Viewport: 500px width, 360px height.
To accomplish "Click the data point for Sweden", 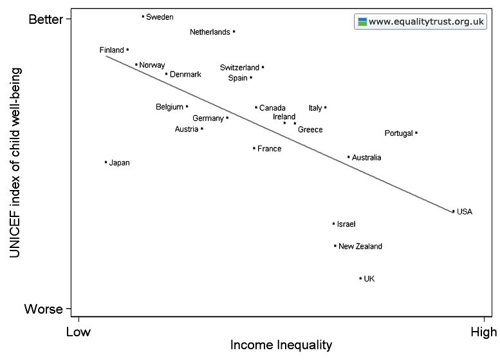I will [x=143, y=17].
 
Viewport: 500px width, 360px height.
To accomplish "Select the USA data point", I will [x=453, y=211].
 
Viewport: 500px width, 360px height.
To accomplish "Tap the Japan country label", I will [x=120, y=163].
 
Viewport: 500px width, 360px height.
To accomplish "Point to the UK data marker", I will [x=360, y=278].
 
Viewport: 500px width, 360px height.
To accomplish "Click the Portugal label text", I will [x=398, y=133].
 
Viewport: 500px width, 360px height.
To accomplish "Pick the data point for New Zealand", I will [x=335, y=245].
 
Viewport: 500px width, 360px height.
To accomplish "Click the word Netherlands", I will [x=210, y=32].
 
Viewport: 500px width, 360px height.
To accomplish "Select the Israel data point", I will [x=333, y=223].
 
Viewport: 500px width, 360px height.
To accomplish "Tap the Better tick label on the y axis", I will [x=46, y=19].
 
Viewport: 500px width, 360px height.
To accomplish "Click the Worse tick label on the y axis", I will [x=44, y=309].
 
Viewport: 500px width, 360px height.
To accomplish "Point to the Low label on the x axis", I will [x=77, y=332].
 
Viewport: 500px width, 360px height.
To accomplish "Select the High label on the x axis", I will [x=483, y=332].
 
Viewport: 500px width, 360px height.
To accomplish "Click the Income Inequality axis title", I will [x=281, y=345].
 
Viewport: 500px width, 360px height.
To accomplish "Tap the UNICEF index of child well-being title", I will [x=15, y=164].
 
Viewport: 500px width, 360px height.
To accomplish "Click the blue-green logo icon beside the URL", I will [x=362, y=21].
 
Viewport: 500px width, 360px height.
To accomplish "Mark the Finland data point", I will [x=127, y=50].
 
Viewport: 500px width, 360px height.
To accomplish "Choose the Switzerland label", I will [x=239, y=68].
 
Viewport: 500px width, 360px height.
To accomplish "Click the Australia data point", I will [x=348, y=156].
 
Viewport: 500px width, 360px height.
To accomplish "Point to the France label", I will [x=269, y=149].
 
